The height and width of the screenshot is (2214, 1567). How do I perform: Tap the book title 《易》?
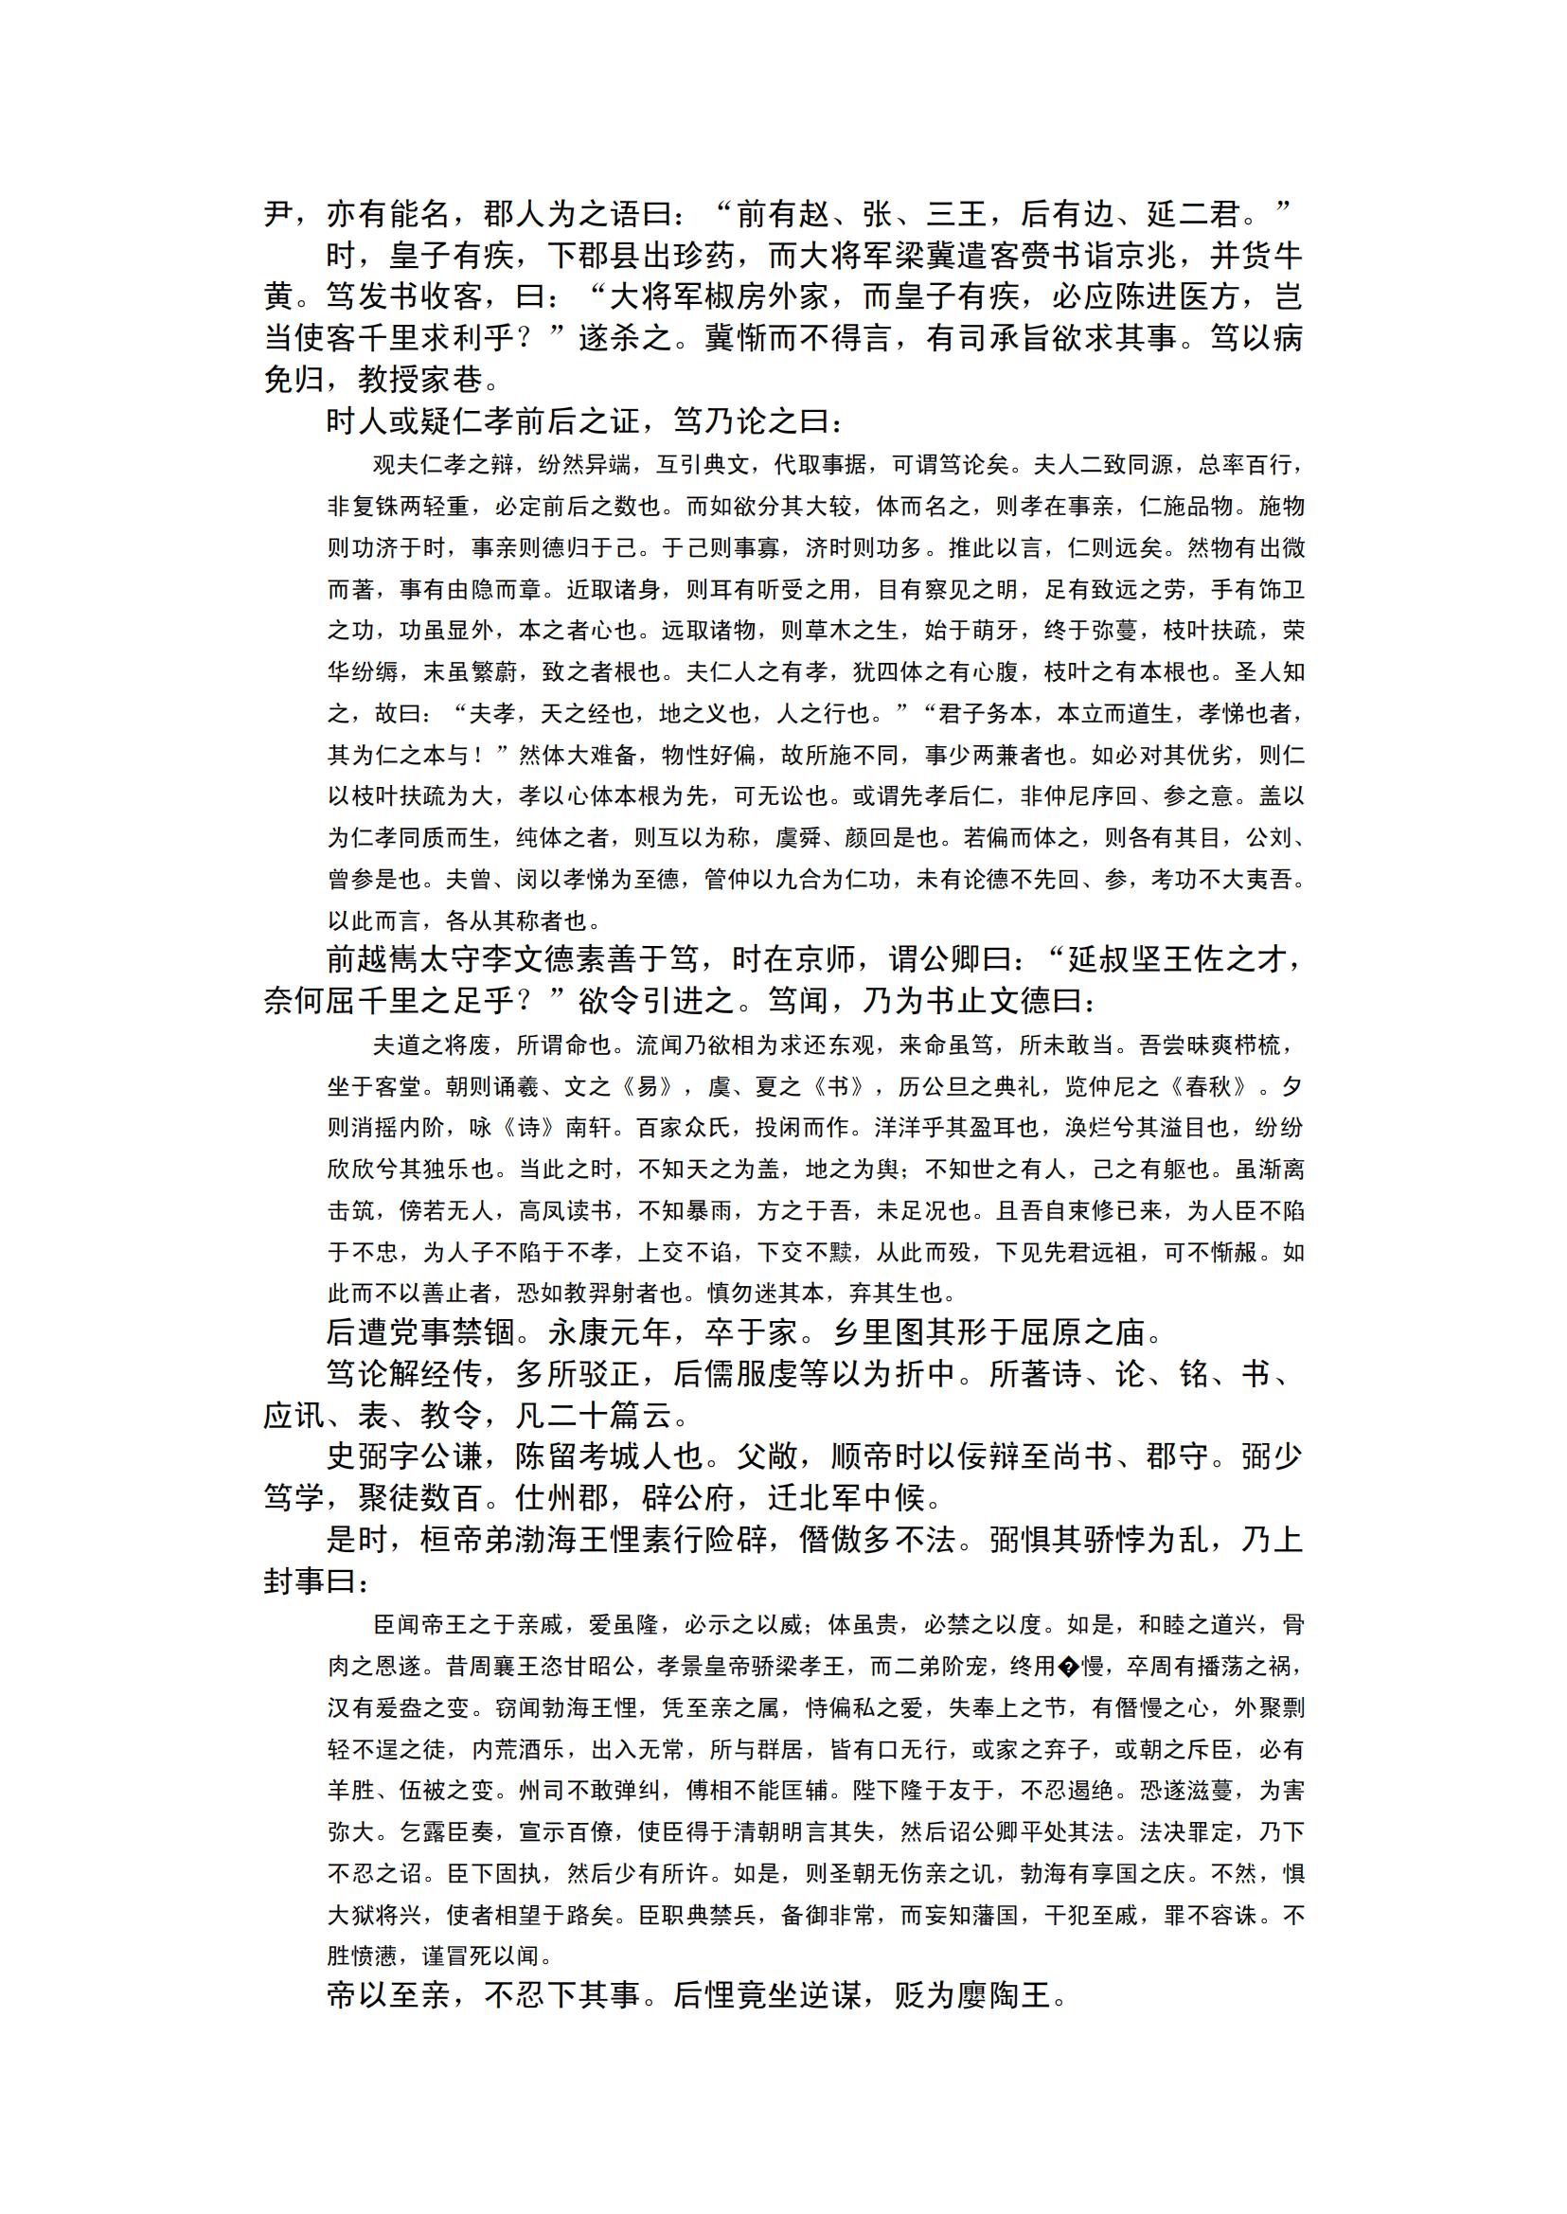[648, 1086]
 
